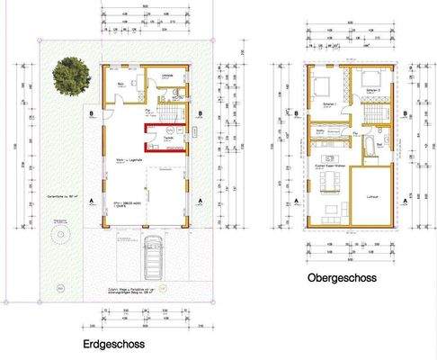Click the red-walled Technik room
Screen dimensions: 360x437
[x=167, y=141]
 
